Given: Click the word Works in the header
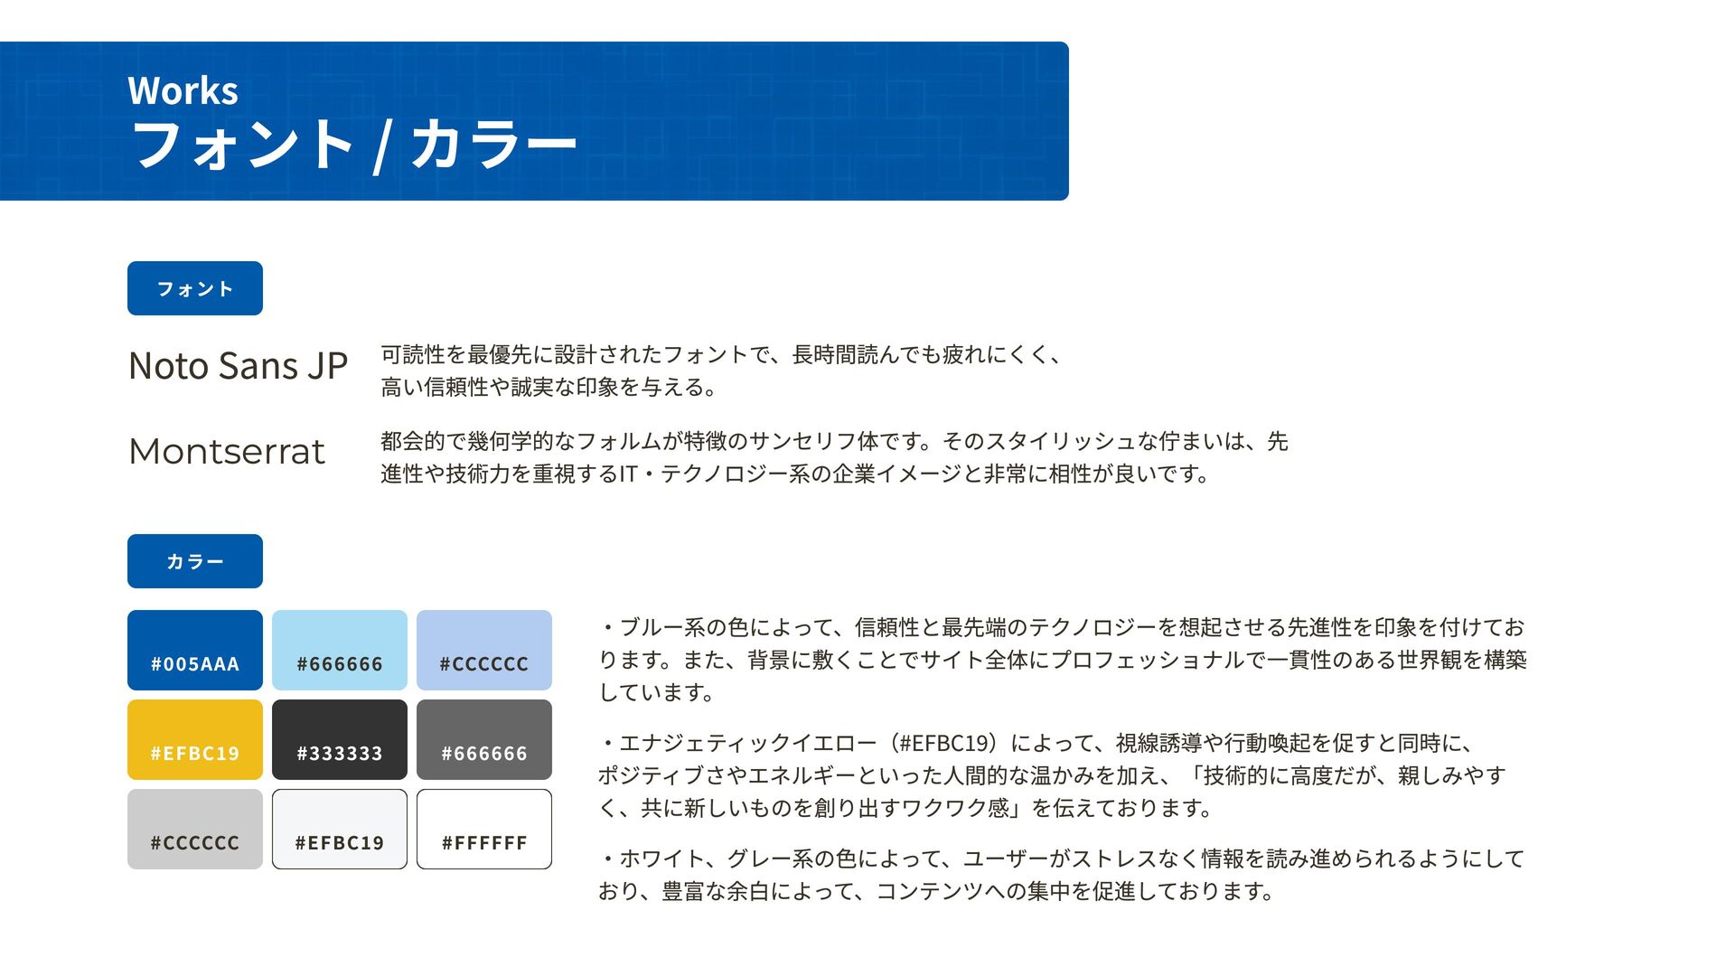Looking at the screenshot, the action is [x=183, y=90].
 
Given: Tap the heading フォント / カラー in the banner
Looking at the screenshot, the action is [x=353, y=145].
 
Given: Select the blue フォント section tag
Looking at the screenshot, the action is [x=195, y=288].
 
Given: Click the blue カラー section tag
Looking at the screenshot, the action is [x=195, y=561].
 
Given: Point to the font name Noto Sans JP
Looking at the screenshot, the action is [x=238, y=366].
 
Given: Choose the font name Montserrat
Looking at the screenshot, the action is [x=227, y=452].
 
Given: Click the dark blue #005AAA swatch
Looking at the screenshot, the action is [x=195, y=650].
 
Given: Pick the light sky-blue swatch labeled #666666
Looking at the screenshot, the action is [x=340, y=650].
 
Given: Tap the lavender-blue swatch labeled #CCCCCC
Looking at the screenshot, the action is [x=484, y=650].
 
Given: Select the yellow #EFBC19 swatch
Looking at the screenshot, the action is [x=195, y=739].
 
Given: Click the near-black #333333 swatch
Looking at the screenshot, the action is [x=340, y=739].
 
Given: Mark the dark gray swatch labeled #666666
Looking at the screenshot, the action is [x=484, y=739].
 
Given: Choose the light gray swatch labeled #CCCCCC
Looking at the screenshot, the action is [x=195, y=829].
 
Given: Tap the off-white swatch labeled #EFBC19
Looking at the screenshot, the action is [x=340, y=829].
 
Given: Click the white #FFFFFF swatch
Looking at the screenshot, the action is [x=484, y=829].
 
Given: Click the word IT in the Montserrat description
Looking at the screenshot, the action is [x=629, y=474].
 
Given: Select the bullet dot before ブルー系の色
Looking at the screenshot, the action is [x=608, y=627].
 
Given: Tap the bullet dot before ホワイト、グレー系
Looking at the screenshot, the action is [x=608, y=859].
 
